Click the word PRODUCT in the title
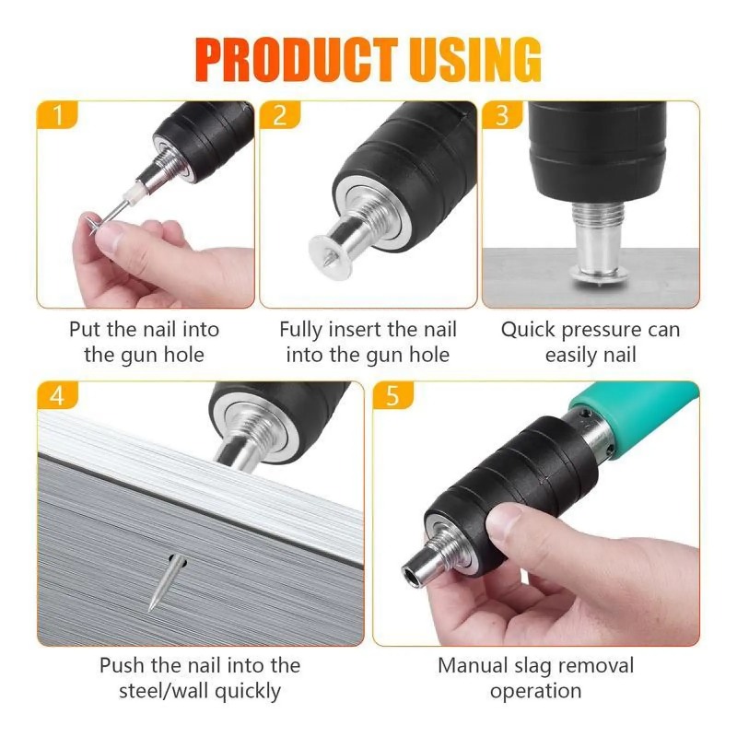coord(297,60)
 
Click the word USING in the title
coord(475,60)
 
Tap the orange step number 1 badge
coord(57,114)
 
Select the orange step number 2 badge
coord(280,114)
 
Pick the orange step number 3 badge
coord(502,114)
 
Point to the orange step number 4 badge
coord(57,395)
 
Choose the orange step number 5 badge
coord(393,395)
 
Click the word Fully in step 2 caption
coord(300,330)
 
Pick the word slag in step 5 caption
coord(534,666)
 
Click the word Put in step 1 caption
coord(86,330)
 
